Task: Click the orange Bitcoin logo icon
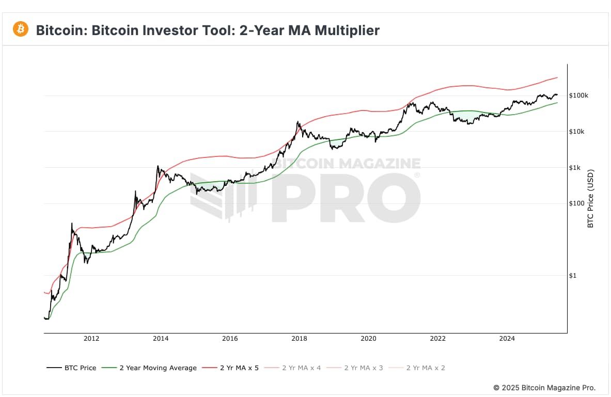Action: coord(21,29)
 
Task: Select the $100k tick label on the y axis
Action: coord(578,96)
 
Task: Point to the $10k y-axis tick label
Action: coord(576,132)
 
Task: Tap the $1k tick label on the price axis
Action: coord(575,168)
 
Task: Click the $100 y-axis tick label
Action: coord(576,203)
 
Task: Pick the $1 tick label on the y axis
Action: coord(572,276)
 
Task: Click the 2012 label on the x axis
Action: coord(91,339)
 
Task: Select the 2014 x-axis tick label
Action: coord(161,339)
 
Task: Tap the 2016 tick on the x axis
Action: coord(230,339)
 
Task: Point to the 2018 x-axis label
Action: coord(299,339)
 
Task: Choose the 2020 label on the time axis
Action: coord(368,339)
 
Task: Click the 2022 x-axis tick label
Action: coord(437,339)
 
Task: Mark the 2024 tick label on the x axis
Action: coord(507,339)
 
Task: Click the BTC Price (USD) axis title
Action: coord(591,198)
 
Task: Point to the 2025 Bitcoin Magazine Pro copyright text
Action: coord(544,387)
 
